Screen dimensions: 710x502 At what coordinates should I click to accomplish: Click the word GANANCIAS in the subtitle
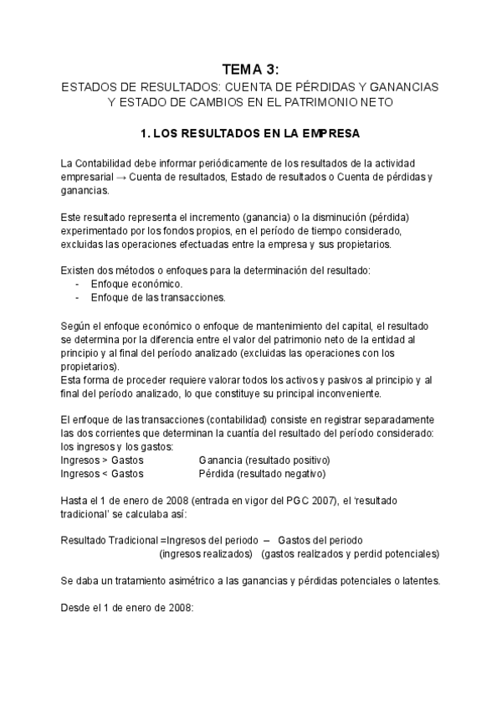[x=408, y=87]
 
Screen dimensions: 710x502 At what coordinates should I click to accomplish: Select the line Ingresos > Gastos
[x=102, y=460]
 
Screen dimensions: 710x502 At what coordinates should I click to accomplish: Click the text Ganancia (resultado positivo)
[x=264, y=460]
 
